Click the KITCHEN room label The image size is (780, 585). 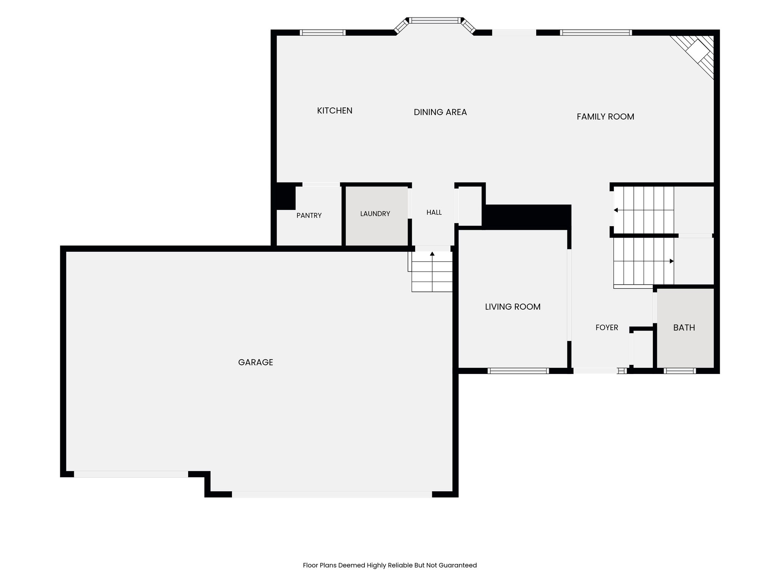click(x=335, y=110)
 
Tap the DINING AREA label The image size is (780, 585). click(x=440, y=112)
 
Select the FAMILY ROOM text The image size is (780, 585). click(x=606, y=117)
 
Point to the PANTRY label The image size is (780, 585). click(x=309, y=216)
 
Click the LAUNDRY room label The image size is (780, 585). click(x=375, y=214)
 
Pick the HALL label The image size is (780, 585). click(x=434, y=213)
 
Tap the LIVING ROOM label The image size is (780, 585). click(x=513, y=307)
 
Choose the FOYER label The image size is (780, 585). click(x=607, y=328)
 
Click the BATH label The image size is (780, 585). click(x=684, y=328)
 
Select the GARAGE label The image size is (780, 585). click(x=256, y=362)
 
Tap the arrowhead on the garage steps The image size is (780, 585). click(x=432, y=254)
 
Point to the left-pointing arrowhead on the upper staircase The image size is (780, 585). click(x=615, y=210)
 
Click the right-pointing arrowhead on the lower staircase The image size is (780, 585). click(x=672, y=261)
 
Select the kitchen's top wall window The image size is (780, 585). click(x=323, y=32)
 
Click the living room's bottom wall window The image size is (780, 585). click(x=518, y=371)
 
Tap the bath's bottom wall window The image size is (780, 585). click(x=680, y=371)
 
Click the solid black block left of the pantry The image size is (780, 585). click(x=285, y=196)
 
